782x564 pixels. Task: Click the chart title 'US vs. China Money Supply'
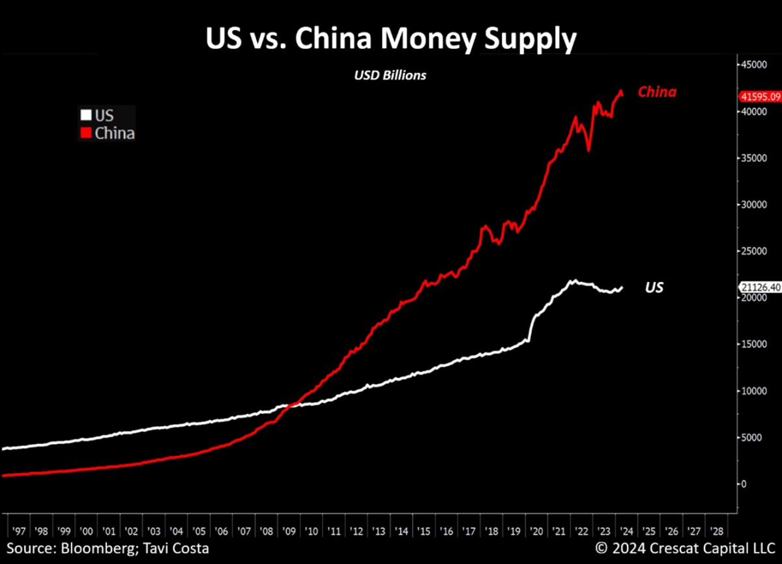click(x=391, y=38)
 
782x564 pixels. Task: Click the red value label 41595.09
click(x=760, y=97)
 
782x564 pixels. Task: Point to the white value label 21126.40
click(x=760, y=287)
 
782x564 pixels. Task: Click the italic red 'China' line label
click(x=657, y=92)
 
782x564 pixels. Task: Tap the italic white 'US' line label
click(x=654, y=287)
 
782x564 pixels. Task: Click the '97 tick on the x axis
click(x=18, y=531)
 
